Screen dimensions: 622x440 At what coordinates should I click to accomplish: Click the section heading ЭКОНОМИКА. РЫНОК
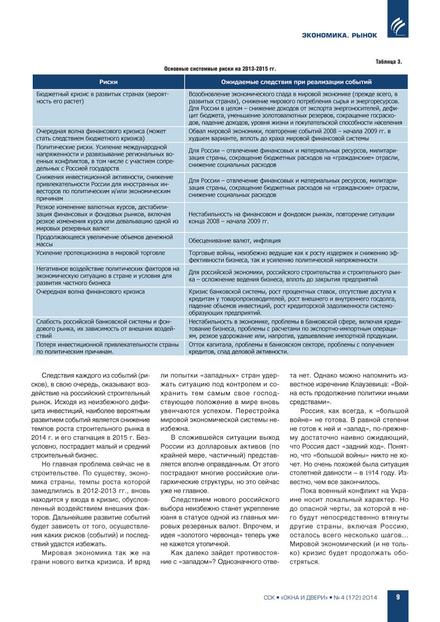click(x=339, y=35)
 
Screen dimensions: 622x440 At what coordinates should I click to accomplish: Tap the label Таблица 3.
click(x=389, y=62)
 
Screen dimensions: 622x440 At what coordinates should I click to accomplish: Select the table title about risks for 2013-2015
click(x=220, y=69)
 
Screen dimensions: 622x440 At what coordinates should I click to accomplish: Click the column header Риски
click(x=108, y=82)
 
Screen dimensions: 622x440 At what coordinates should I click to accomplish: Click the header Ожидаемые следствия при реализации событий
click(x=296, y=82)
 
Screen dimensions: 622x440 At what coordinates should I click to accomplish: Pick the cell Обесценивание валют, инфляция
click(x=234, y=241)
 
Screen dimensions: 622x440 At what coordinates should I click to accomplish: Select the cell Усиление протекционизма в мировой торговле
click(x=101, y=253)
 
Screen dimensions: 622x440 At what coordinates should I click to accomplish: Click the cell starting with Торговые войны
click(x=294, y=256)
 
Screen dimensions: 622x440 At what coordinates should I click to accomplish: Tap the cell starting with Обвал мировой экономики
click(x=290, y=135)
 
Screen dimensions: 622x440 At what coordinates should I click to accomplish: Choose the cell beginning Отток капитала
click(x=291, y=348)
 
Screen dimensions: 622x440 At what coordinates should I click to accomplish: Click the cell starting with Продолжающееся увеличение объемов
click(x=105, y=240)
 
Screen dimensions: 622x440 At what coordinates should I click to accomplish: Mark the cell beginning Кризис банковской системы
click(x=292, y=302)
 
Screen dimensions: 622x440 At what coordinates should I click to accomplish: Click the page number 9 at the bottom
click(x=398, y=597)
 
